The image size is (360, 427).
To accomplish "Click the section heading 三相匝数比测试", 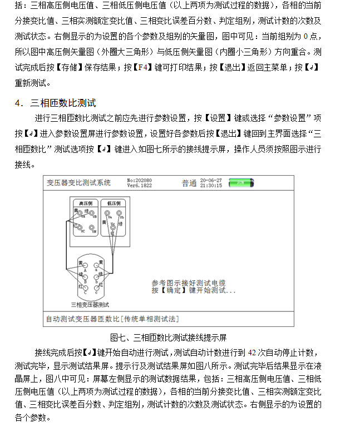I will tap(63, 103).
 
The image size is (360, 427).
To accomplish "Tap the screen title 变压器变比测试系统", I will tap(78, 182).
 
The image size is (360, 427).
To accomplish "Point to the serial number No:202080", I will tap(139, 180).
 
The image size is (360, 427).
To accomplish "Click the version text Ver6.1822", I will tap(139, 185).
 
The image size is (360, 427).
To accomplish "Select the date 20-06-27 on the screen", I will tap(211, 180).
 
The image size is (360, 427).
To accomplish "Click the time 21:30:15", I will tap(211, 185).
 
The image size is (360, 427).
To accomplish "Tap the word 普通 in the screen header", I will tap(189, 183).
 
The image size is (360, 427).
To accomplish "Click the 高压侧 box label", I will tap(85, 204).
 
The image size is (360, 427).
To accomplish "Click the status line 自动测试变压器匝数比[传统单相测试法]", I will tap(112, 319).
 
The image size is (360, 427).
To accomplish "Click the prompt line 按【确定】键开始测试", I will tap(193, 290).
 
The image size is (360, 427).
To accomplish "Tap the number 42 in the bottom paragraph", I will tap(253, 352).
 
